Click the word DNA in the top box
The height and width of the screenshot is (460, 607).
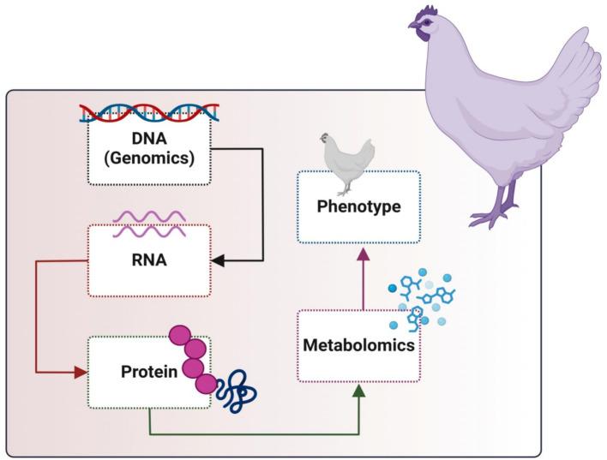pos(149,140)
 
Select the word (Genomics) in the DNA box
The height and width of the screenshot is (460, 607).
pos(149,158)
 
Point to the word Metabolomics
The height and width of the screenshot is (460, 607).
pos(358,345)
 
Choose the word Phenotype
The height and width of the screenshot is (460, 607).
pos(359,206)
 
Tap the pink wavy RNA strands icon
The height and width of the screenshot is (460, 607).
pos(148,225)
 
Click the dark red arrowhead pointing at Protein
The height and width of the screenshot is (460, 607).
pos(81,372)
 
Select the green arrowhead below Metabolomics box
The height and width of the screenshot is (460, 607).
pos(359,390)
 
